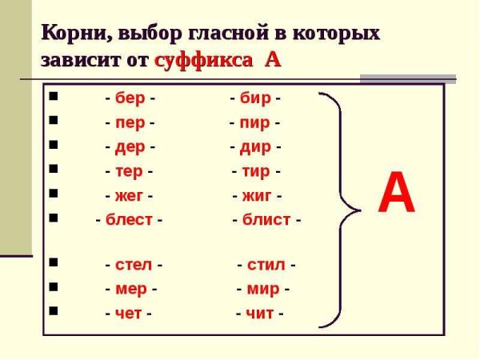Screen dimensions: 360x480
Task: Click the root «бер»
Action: pos(130,99)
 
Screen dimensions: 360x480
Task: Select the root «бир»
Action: pos(255,99)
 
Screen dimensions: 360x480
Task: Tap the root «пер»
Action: pos(130,124)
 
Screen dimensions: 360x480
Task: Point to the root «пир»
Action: pos(254,124)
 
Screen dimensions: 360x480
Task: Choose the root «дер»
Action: pos(130,148)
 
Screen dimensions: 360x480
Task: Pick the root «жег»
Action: pos(129,195)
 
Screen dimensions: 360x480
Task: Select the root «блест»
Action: pos(129,220)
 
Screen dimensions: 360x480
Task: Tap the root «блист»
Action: pos(266,220)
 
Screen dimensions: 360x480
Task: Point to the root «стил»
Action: pos(266,265)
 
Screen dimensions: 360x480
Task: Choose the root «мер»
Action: pos(131,289)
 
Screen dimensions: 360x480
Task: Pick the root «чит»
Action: pos(260,313)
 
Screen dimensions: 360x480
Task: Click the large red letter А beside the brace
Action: pos(397,194)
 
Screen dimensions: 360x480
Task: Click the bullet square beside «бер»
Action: pos(53,98)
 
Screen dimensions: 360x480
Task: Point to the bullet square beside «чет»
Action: pos(53,310)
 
